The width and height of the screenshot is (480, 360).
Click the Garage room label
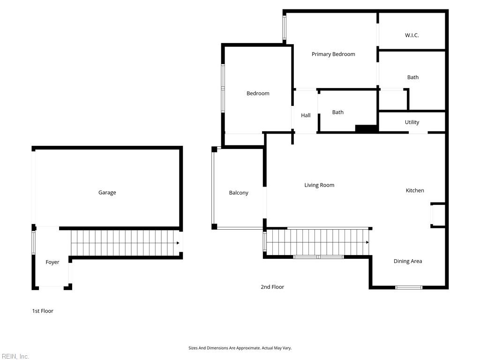coord(107,193)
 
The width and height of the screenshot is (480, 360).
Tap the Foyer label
coord(52,262)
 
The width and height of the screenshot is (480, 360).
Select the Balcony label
coord(239,193)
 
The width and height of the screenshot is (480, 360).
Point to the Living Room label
coord(319,185)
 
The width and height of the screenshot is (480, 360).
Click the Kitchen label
coord(415,190)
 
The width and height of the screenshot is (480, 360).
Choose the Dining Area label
coord(408,261)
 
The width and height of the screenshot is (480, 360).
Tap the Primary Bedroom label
coord(333,54)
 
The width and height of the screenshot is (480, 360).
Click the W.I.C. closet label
coord(412,35)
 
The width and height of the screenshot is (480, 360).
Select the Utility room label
coord(412,122)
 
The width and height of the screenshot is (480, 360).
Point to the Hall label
coord(306,115)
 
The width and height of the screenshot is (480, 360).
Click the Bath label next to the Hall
coord(337,112)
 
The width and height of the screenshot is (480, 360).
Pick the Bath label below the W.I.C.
coord(412,77)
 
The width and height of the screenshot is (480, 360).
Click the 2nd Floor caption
coord(272,287)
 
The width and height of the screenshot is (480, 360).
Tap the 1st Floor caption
coord(43,311)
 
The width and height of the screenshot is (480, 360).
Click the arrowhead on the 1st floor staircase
coord(178,243)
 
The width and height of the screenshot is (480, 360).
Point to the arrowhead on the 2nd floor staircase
coord(367,242)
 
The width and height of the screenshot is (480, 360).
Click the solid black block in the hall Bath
coord(366,128)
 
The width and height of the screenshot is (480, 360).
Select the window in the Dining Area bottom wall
coord(409,287)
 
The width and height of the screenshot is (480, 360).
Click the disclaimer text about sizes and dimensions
coord(240,348)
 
